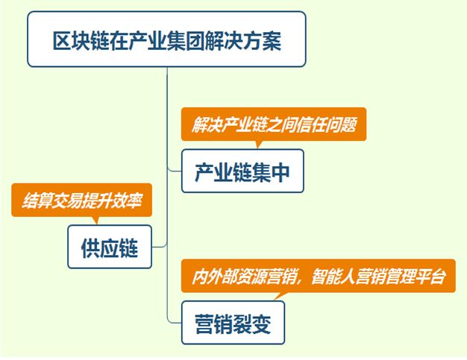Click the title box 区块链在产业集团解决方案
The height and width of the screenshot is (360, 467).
pyautogui.click(x=166, y=40)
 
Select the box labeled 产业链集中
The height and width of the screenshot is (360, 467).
pyautogui.click(x=242, y=171)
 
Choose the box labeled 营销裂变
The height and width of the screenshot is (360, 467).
pyautogui.click(x=233, y=323)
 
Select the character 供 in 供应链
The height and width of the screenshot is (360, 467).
pyautogui.click(x=92, y=247)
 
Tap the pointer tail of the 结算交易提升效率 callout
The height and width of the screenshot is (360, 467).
pyautogui.click(x=95, y=219)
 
